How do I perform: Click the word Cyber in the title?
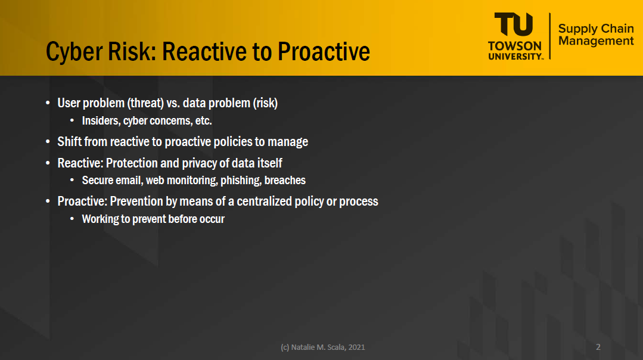pos(74,52)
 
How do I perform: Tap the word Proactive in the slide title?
pos(324,51)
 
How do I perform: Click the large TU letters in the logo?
pos(514,24)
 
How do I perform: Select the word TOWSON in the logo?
pos(515,45)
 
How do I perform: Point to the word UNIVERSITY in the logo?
pos(515,56)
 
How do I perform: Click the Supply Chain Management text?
pos(596,35)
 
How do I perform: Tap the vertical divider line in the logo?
pos(550,36)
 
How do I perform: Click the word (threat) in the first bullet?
pos(145,103)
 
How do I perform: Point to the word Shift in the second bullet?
pos(70,141)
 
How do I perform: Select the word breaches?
pos(285,181)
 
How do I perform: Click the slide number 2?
pos(598,347)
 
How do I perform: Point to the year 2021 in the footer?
pos(356,347)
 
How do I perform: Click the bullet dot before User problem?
pos(48,103)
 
